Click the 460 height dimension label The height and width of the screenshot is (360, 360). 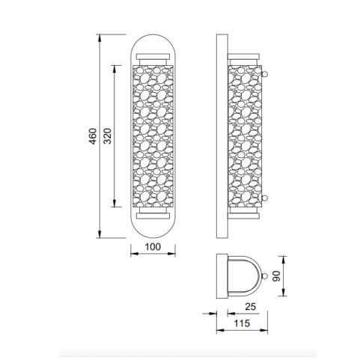coord(93,136)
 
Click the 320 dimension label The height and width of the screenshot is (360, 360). coord(108,136)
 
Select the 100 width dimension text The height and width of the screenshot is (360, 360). coord(153,247)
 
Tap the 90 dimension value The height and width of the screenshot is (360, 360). coord(276,276)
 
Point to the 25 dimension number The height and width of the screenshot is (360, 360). coord(250,307)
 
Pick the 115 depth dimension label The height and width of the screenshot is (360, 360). coord(242,323)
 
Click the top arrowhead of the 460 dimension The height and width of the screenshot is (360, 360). coord(100,38)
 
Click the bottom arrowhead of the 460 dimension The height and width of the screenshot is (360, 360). coord(100,234)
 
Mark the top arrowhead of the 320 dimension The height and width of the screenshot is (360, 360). coord(115,69)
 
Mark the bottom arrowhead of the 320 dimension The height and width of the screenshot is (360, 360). coord(115,203)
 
